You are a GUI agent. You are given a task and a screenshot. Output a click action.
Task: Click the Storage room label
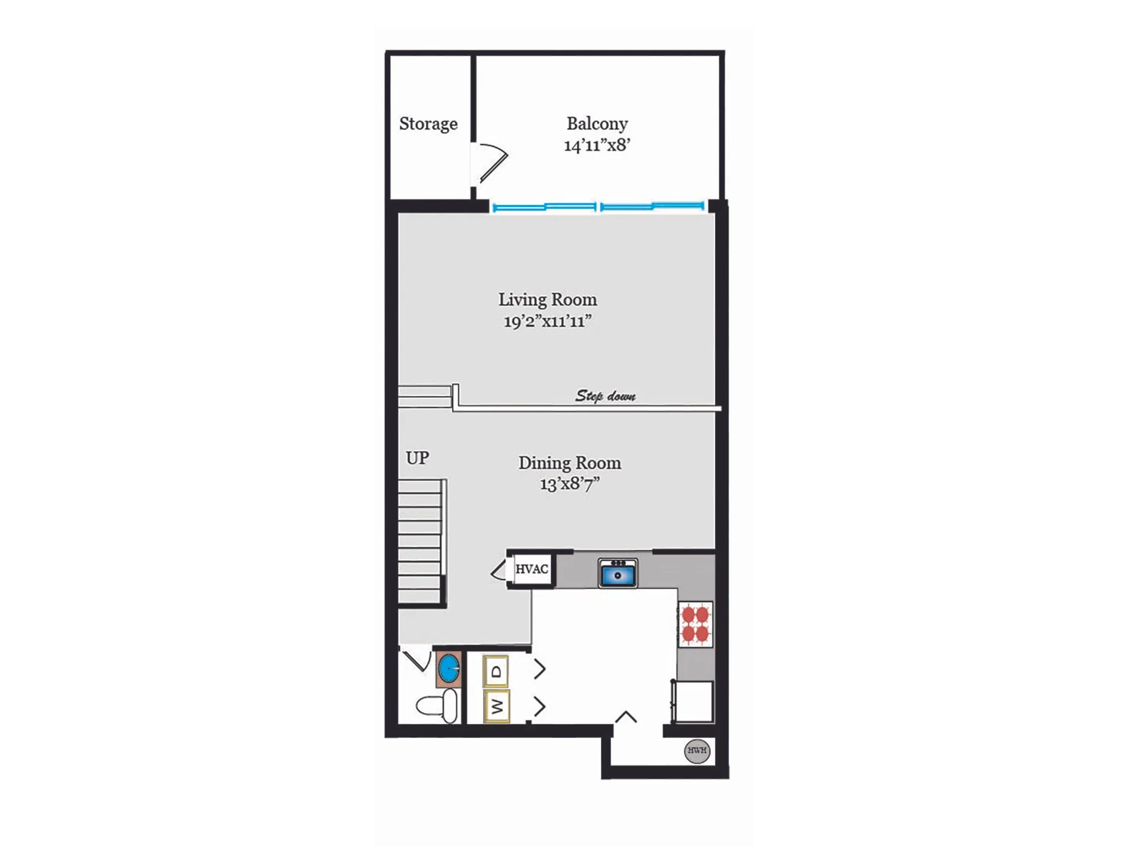point(428,124)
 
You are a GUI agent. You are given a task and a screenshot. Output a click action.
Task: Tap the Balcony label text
point(597,124)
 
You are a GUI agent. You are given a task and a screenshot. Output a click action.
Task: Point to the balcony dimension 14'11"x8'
point(597,145)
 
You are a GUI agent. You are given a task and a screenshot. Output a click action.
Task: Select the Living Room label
point(547,300)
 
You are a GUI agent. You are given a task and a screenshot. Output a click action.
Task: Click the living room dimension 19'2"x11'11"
point(547,321)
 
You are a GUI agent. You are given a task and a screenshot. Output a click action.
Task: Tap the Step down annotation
point(605,395)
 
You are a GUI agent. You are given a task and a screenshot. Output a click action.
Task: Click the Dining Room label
point(570,463)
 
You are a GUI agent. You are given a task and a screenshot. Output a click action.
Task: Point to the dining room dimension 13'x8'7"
point(570,484)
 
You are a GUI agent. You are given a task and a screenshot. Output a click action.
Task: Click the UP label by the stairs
point(417,458)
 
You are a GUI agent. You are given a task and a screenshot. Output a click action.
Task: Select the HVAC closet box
point(532,569)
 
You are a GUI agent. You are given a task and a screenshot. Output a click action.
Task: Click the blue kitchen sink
point(618,573)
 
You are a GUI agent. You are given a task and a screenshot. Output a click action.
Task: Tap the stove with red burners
point(695,624)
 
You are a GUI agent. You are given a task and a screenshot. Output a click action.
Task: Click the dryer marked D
point(496,671)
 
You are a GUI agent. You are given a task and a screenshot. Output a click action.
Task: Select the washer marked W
point(496,706)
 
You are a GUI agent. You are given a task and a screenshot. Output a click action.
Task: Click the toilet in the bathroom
point(437,706)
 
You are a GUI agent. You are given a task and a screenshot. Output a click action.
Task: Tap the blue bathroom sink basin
point(449,669)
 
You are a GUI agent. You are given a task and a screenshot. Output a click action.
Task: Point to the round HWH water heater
point(697,751)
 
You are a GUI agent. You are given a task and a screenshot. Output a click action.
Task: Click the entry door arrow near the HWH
point(626,717)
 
